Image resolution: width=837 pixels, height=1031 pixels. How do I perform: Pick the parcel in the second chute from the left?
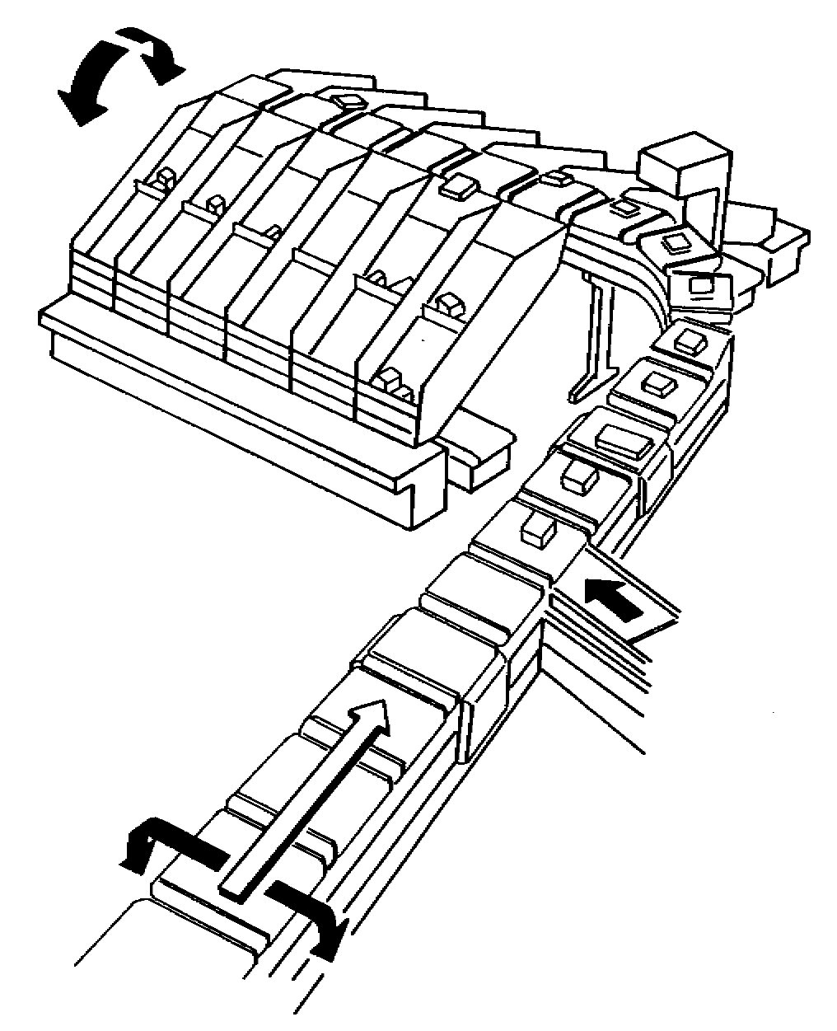tap(216, 202)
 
